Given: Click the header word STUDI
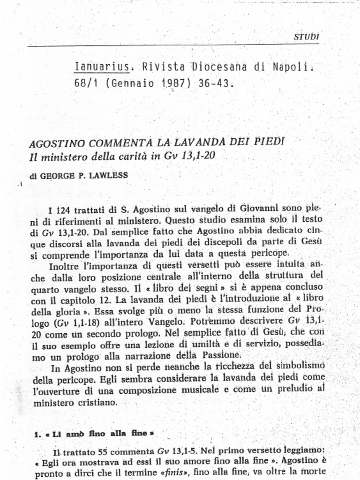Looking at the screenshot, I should [x=307, y=36].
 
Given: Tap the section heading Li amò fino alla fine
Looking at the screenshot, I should [x=96, y=434].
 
